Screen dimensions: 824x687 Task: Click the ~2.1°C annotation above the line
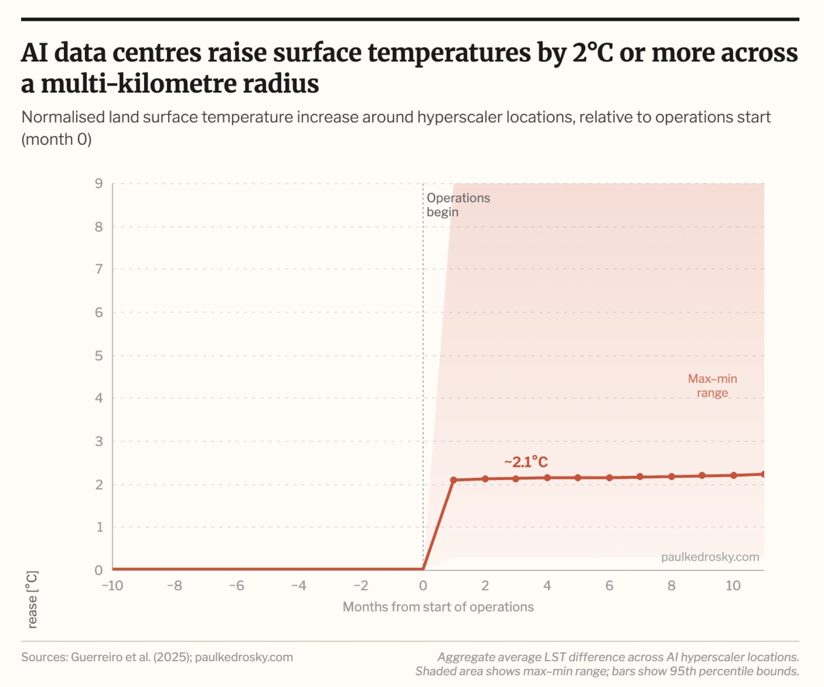(x=526, y=462)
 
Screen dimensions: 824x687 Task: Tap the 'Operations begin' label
(x=458, y=205)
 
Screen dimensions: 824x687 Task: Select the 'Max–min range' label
(x=712, y=386)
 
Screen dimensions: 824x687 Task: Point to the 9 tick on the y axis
(x=99, y=183)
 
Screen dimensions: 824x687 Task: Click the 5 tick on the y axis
(x=99, y=355)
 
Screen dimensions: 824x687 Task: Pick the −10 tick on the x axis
(x=112, y=585)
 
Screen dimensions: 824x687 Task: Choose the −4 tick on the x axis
(x=299, y=585)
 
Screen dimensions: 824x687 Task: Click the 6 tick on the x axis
(x=609, y=585)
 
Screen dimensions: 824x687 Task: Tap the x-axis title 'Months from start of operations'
(x=438, y=607)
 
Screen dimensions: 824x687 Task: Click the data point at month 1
(x=454, y=480)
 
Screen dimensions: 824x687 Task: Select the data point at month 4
(x=547, y=478)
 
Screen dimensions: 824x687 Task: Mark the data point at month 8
(x=672, y=477)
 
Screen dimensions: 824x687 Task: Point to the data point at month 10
(x=733, y=475)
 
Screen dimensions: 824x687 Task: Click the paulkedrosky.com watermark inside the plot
(x=710, y=557)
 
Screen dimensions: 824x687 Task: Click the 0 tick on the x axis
(x=423, y=585)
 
